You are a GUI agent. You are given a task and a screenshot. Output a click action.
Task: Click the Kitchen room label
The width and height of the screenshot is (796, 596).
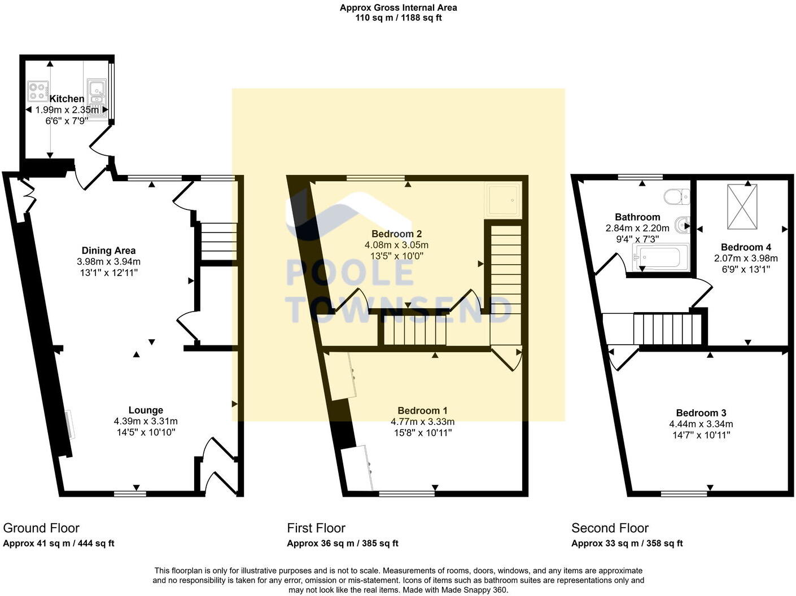pos(67,99)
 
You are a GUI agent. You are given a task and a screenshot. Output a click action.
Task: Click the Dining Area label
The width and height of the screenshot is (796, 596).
pos(108,251)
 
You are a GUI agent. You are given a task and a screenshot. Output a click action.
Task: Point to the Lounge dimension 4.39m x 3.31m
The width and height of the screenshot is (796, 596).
pos(146,421)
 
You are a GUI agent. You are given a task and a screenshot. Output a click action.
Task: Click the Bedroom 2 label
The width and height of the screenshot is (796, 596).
pos(396,234)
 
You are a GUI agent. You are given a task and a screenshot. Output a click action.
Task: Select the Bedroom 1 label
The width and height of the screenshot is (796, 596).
pos(422,411)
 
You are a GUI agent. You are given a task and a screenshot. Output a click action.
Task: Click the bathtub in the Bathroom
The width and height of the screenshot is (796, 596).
pos(661,257)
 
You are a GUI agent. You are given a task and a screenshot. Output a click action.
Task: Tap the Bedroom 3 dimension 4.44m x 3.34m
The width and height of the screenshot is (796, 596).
pos(701,424)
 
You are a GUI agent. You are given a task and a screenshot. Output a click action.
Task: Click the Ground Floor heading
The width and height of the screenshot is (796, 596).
pos(41,528)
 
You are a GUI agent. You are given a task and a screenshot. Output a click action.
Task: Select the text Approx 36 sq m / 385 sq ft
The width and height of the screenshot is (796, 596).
pos(343,544)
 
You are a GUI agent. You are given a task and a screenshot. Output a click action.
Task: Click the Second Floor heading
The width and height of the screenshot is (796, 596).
pos(610,528)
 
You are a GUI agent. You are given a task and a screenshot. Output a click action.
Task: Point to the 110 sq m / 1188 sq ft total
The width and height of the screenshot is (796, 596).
pos(398,17)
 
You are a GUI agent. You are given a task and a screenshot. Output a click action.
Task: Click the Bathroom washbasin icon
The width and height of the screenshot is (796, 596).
pos(684,225)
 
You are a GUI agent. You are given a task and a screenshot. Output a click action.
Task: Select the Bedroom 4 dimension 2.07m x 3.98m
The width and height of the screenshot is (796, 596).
pos(746,258)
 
